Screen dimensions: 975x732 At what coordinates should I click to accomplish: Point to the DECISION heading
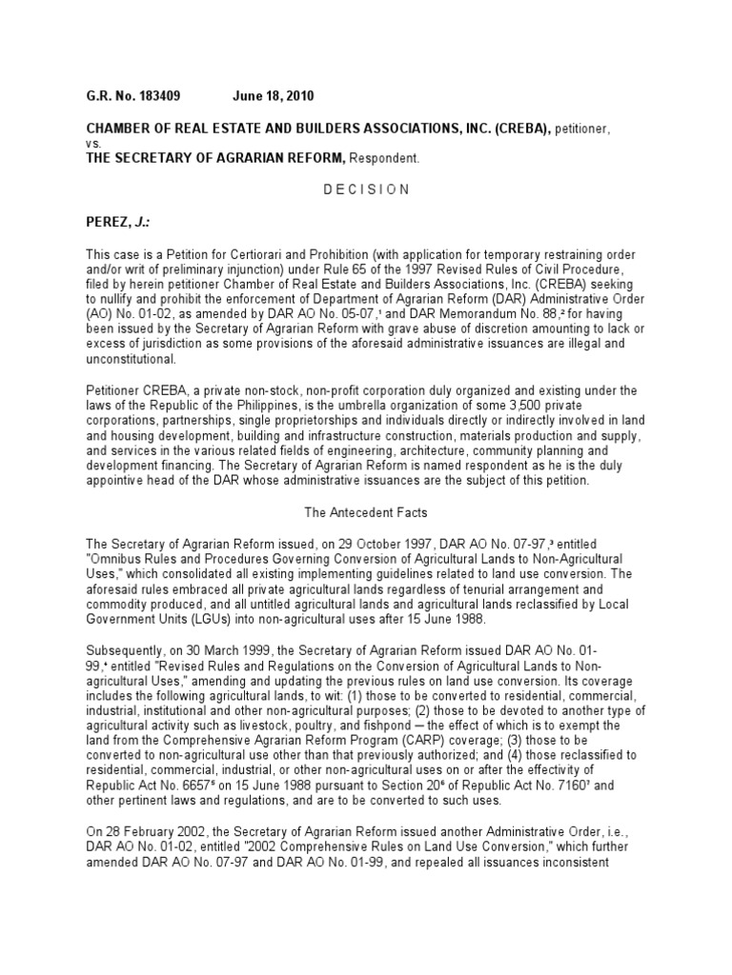tap(365, 189)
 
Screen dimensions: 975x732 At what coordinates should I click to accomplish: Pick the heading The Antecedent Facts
tap(365, 512)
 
